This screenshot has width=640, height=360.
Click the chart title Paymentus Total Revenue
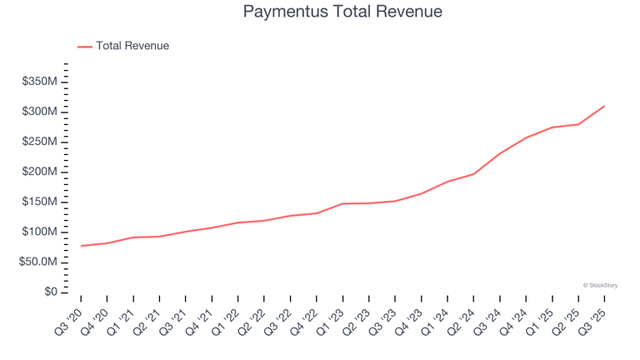click(x=342, y=12)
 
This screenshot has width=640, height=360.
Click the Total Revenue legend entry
click(x=132, y=46)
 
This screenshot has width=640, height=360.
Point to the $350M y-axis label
click(x=39, y=82)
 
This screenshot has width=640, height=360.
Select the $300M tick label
click(x=39, y=112)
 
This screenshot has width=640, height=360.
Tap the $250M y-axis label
click(x=39, y=142)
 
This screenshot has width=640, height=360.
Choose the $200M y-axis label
click(x=39, y=172)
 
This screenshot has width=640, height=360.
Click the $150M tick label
click(x=39, y=202)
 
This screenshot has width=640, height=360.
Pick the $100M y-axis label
click(x=39, y=232)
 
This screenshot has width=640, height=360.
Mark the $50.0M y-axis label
click(x=37, y=262)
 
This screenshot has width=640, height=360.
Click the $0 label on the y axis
click(x=51, y=292)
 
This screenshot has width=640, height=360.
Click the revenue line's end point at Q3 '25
click(x=604, y=106)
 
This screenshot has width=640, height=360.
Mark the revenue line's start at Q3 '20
click(x=81, y=246)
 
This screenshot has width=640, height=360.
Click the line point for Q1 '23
click(x=342, y=203)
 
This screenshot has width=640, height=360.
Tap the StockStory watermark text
click(x=600, y=285)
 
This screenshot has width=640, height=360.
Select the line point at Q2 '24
click(x=473, y=174)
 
